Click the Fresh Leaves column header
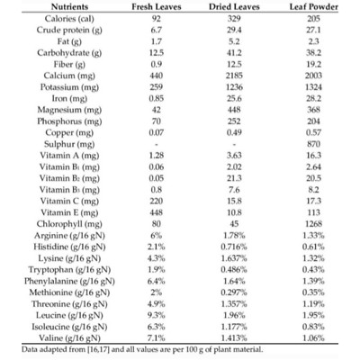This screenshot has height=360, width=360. click(157, 7)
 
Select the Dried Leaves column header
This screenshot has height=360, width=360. click(234, 7)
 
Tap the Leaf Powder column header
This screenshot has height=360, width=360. click(313, 7)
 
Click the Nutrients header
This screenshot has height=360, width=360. click(69, 7)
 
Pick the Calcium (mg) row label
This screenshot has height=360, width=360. click(69, 76)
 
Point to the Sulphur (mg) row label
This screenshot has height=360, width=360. click(69, 144)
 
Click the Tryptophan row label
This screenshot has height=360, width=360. click(69, 270)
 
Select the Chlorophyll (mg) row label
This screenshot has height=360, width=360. click(69, 224)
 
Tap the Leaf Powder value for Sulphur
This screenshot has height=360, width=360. click(313, 144)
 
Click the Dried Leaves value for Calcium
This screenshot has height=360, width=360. click(234, 76)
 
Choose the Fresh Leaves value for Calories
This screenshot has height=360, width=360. click(157, 19)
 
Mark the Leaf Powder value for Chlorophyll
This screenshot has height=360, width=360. click(313, 224)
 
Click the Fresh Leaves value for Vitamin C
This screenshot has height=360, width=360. click(157, 201)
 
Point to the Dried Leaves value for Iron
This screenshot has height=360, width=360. click(234, 98)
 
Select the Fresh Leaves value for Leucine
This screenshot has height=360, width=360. click(157, 315)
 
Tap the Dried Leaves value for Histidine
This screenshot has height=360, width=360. click(234, 247)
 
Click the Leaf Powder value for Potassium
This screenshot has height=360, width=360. click(313, 87)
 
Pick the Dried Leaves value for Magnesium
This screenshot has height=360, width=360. click(234, 110)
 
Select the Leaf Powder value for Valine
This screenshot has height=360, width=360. click(313, 338)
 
